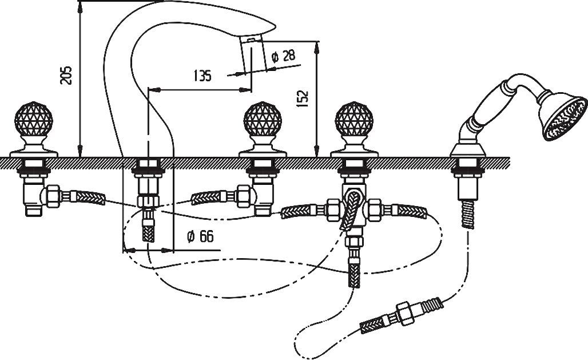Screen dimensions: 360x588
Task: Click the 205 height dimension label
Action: point(67,75)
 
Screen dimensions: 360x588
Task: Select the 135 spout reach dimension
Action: point(202,75)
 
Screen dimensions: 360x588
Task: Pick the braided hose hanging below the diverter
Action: point(354,273)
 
